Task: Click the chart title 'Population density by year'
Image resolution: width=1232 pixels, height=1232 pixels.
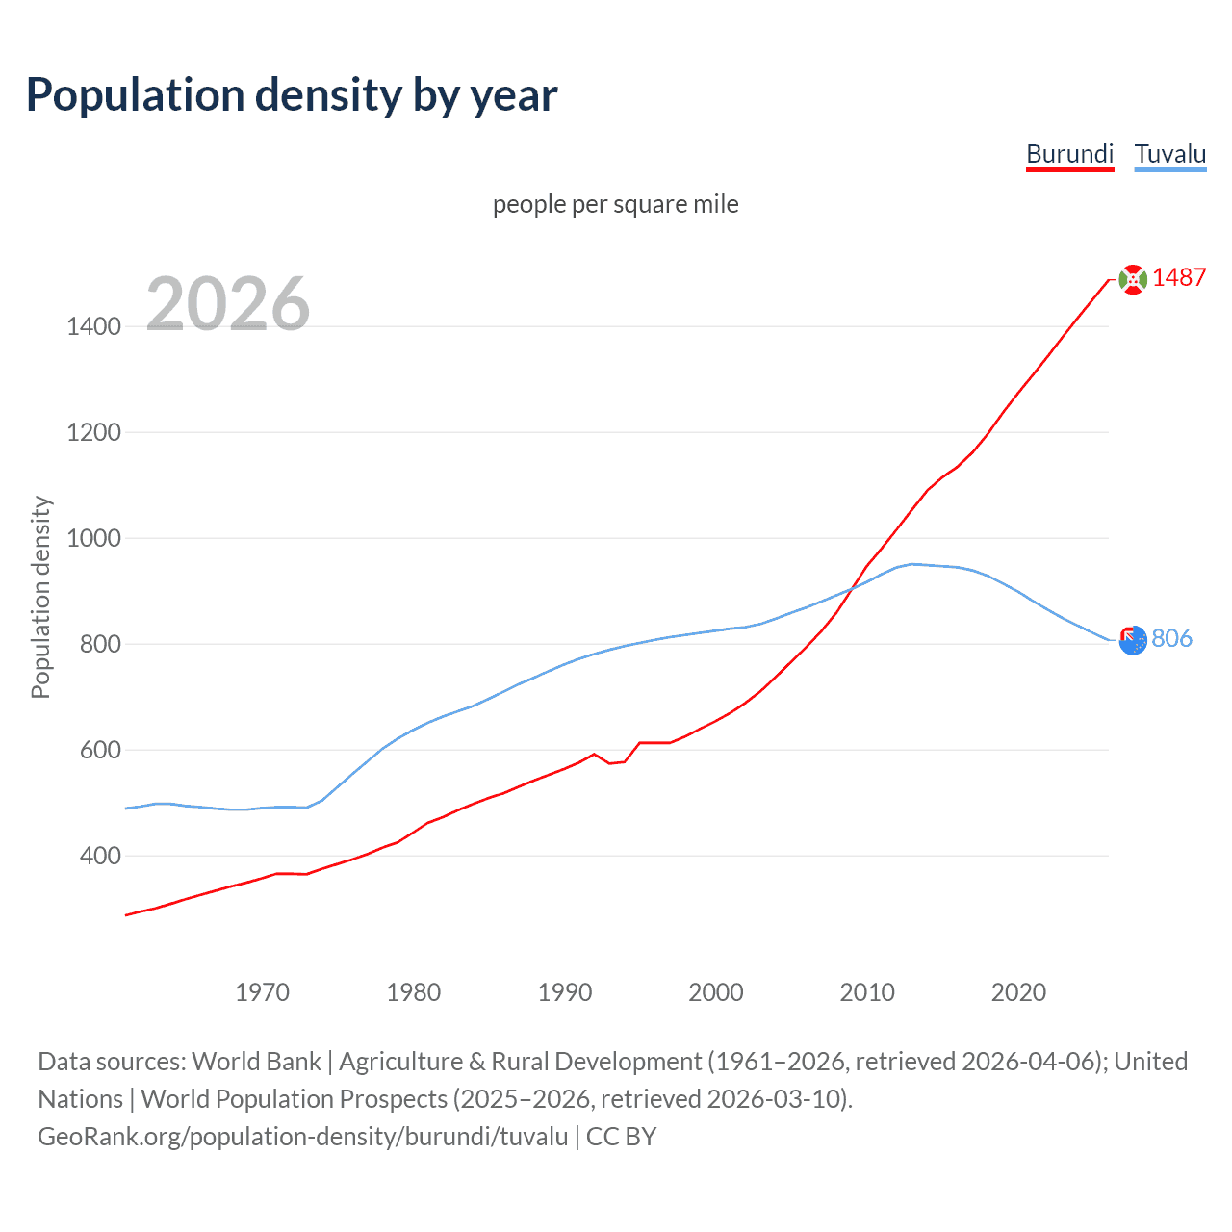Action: click(292, 95)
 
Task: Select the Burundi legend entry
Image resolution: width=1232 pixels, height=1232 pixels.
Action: click(1069, 154)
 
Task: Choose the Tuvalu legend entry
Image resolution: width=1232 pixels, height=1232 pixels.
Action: click(1169, 154)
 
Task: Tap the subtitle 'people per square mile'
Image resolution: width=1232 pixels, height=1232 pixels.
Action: click(615, 204)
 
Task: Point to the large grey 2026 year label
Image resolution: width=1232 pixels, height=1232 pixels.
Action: click(228, 304)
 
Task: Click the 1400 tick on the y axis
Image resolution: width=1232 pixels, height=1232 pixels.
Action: click(93, 326)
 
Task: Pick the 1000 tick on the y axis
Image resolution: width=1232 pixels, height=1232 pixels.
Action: click(93, 538)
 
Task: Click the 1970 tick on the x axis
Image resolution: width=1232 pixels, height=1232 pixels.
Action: click(262, 992)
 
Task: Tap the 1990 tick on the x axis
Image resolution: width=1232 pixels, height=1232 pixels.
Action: click(565, 992)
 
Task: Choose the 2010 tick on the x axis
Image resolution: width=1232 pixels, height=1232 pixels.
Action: click(867, 992)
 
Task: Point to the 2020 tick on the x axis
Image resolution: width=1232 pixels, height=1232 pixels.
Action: click(1018, 992)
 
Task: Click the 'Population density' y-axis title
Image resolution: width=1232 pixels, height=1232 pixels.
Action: click(40, 597)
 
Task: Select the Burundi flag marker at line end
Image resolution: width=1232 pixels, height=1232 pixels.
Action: click(1133, 279)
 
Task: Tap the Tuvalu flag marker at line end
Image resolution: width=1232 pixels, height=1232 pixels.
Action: click(1133, 639)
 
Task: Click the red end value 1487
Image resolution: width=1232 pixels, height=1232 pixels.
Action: click(1179, 277)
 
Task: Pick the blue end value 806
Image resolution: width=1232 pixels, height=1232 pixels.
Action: click(1171, 638)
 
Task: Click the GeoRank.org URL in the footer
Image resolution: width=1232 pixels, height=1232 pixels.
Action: click(303, 1136)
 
